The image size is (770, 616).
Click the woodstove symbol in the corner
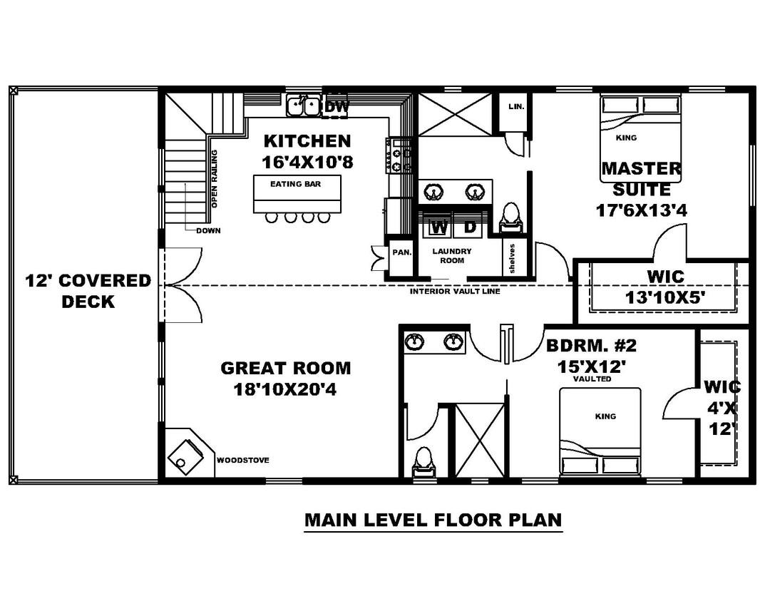tap(187, 454)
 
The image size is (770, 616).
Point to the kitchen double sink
tap(304, 106)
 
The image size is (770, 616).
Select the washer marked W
tap(439, 227)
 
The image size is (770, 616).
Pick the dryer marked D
tap(470, 227)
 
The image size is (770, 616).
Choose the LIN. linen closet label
tap(516, 106)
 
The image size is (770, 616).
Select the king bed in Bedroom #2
tap(600, 431)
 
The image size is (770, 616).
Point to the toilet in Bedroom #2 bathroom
tap(422, 461)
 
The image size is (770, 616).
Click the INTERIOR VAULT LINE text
tap(455, 292)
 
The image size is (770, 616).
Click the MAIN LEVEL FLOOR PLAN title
tap(433, 520)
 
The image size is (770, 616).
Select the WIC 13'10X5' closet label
tap(666, 287)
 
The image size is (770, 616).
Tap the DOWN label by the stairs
tap(209, 230)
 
